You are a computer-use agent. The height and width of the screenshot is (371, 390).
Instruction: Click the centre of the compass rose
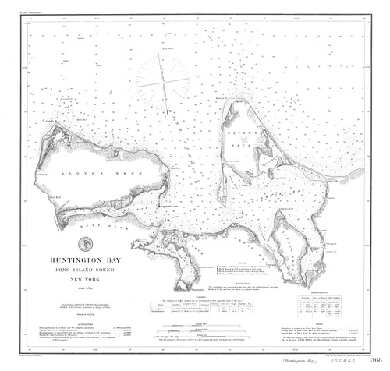click(162, 79)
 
